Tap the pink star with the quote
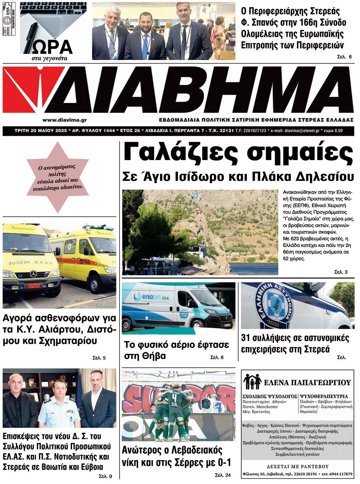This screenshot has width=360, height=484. pos(58,178)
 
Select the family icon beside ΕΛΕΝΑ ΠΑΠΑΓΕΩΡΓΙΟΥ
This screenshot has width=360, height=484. pos(253,382)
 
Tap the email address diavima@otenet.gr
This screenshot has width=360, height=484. pos(300,131)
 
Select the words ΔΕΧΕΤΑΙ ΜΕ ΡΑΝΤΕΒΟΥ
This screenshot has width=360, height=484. pos(297,466)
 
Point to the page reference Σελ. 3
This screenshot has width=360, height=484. pos(341,272)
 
